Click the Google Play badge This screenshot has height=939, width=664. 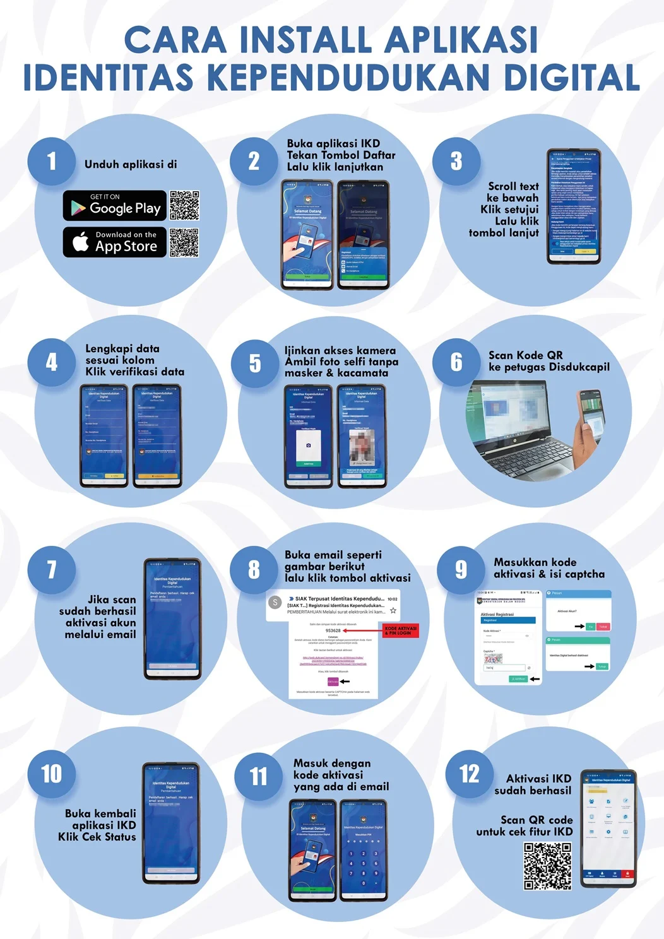(x=115, y=206)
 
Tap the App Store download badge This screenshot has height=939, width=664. (x=115, y=242)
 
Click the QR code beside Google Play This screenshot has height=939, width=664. (x=184, y=206)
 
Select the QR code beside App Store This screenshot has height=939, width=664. (x=184, y=242)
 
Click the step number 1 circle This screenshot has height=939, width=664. (x=51, y=162)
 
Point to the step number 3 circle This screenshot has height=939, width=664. (x=456, y=162)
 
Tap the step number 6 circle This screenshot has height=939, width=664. (x=456, y=362)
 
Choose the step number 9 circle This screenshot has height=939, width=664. (x=461, y=569)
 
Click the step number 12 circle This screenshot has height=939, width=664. (x=469, y=774)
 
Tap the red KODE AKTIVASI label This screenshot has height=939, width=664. (x=401, y=630)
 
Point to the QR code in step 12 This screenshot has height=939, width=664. (x=548, y=866)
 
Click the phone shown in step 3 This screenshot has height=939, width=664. (x=574, y=206)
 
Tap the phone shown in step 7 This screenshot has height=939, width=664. (x=172, y=618)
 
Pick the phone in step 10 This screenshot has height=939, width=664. (x=171, y=823)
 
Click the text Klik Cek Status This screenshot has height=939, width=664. (x=97, y=837)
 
